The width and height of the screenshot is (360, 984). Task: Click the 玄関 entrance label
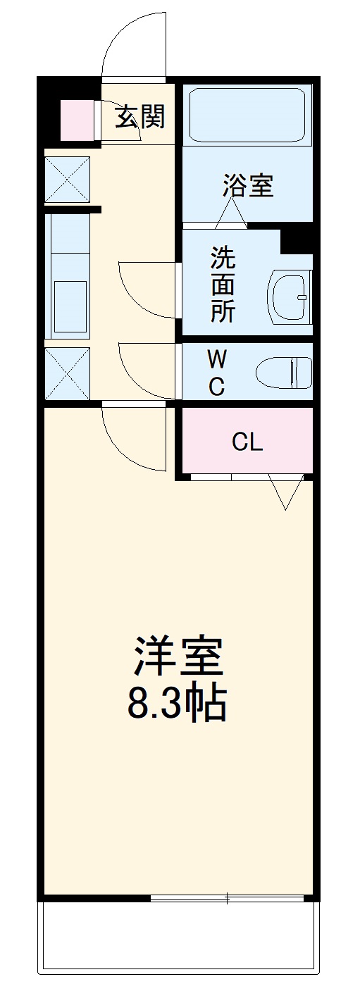[140, 116]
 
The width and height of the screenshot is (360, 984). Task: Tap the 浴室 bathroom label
[248, 186]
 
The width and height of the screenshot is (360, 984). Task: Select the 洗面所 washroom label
[223, 285]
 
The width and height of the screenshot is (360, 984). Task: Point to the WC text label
[217, 373]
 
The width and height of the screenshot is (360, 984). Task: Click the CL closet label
[247, 442]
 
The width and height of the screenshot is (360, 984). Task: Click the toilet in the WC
[284, 372]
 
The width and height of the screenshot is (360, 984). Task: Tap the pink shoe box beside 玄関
[76, 120]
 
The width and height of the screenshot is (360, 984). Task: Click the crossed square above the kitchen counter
[68, 180]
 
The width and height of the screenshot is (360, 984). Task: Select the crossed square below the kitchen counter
[68, 373]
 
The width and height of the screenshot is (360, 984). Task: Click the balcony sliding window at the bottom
[228, 898]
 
